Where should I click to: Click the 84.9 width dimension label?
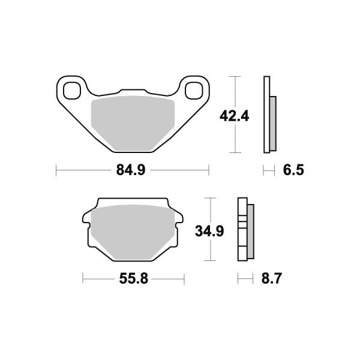point(131,170)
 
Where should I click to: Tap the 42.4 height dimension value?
point(234,116)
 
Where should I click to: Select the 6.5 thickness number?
point(293,170)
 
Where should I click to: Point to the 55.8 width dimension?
point(133,279)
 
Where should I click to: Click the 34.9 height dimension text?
point(209,231)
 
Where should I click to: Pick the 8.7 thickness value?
point(271,279)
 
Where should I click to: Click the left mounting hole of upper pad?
point(72,91)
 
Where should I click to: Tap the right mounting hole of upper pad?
point(194,91)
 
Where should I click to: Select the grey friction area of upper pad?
point(133,123)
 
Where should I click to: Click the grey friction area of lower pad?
point(133,232)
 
